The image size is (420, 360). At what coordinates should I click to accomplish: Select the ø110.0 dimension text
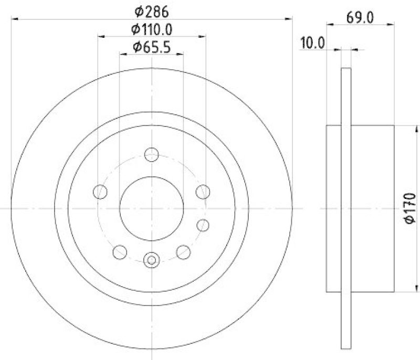152,29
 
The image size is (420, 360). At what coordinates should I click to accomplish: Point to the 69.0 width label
360,17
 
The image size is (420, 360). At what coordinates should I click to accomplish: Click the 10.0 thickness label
313,43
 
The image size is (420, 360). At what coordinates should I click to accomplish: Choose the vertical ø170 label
410,208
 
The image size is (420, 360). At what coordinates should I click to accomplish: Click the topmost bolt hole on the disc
151,154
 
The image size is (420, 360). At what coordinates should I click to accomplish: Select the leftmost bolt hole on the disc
100,192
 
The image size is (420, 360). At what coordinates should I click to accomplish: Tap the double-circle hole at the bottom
151,259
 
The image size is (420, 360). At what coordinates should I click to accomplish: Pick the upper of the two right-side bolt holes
203,192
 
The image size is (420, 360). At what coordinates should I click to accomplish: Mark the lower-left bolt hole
120,252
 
